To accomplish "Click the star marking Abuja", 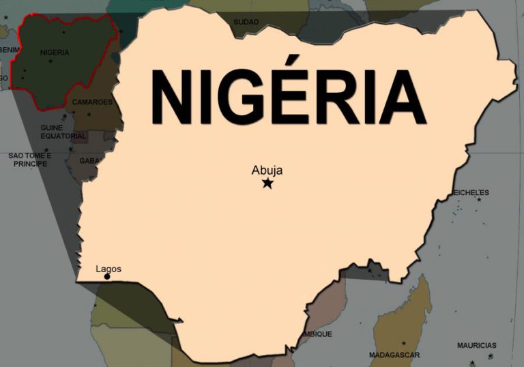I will (x=267, y=183).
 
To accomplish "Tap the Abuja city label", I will (x=267, y=171).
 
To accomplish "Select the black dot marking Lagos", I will (x=107, y=276).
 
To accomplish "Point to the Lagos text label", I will (x=108, y=269).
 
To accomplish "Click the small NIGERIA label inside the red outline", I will (x=55, y=52).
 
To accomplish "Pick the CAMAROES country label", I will (x=92, y=102).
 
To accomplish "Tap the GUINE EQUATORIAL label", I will (x=63, y=132).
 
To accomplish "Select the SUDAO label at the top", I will (x=246, y=23).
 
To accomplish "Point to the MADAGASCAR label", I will (x=394, y=355).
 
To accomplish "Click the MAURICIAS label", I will (x=477, y=345).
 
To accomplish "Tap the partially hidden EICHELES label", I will (x=471, y=193).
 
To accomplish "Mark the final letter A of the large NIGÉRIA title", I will (x=402, y=98).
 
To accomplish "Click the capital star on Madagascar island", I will (x=403, y=342).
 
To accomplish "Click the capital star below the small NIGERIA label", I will (x=50, y=61).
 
